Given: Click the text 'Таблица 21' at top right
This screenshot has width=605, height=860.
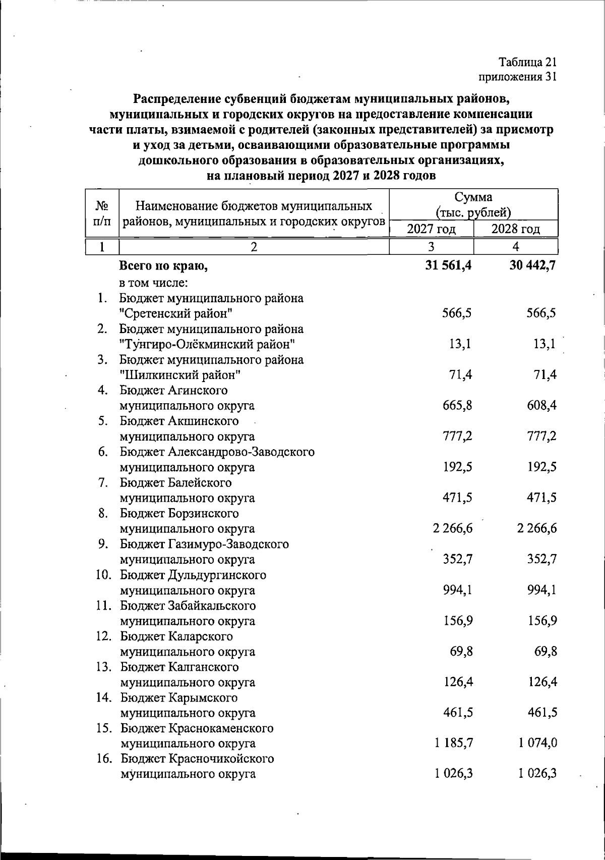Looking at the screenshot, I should click(527, 63).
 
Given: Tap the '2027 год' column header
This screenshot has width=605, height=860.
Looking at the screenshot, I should click(431, 229).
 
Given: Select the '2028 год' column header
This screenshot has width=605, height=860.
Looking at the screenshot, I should click(515, 229).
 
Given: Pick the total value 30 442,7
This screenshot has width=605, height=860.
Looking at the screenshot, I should click(533, 265).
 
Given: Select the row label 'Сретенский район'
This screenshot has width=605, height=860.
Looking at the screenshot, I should click(176, 313).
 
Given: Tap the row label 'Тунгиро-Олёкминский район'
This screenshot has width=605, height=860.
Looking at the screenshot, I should click(207, 344).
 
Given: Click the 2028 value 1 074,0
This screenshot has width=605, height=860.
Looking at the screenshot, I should click(538, 743).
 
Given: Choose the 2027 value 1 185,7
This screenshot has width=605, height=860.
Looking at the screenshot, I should click(453, 743).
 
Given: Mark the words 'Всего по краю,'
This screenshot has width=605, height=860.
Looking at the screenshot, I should click(164, 265).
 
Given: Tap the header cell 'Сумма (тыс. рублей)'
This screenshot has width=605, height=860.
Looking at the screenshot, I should click(473, 204).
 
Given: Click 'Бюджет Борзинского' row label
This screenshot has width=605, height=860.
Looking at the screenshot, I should click(179, 513).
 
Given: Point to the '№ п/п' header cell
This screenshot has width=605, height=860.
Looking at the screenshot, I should click(102, 213).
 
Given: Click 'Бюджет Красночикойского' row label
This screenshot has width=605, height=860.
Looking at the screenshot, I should click(197, 759).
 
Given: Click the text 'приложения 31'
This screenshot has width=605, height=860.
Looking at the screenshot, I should click(517, 77).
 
